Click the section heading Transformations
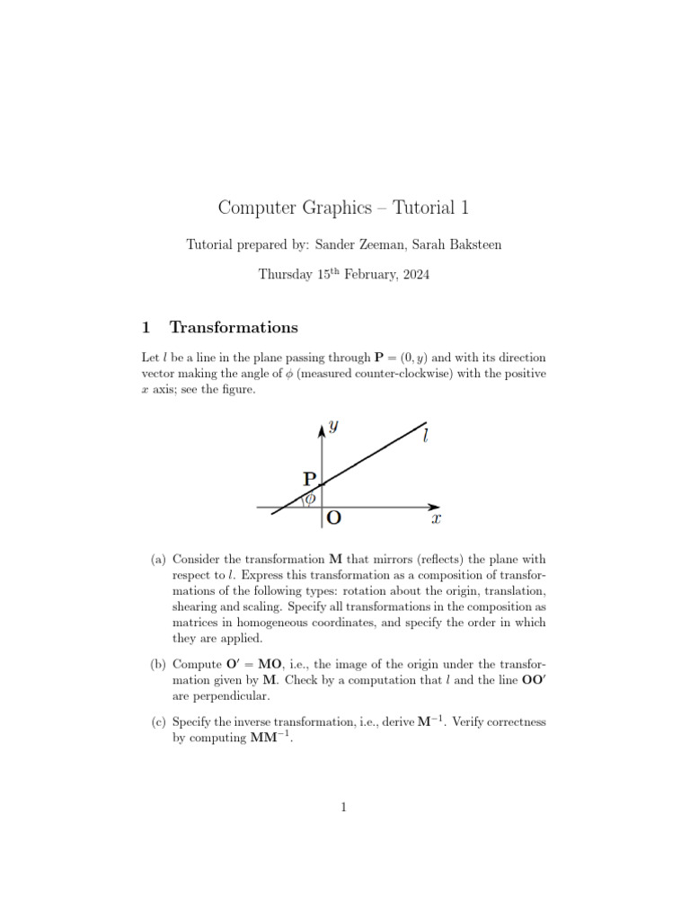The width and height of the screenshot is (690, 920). tap(234, 327)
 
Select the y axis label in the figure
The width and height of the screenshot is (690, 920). tap(333, 427)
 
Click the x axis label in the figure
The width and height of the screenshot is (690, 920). tap(435, 519)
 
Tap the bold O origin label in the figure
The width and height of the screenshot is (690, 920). tap(333, 518)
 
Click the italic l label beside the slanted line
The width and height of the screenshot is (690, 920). tap(425, 438)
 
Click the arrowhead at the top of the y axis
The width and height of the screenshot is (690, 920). tap(322, 429)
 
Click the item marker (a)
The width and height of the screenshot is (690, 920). tap(157, 560)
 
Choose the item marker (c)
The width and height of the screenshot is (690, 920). tap(157, 721)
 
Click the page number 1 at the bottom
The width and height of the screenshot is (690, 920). tap(344, 808)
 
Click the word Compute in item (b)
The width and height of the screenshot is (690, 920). tap(196, 664)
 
